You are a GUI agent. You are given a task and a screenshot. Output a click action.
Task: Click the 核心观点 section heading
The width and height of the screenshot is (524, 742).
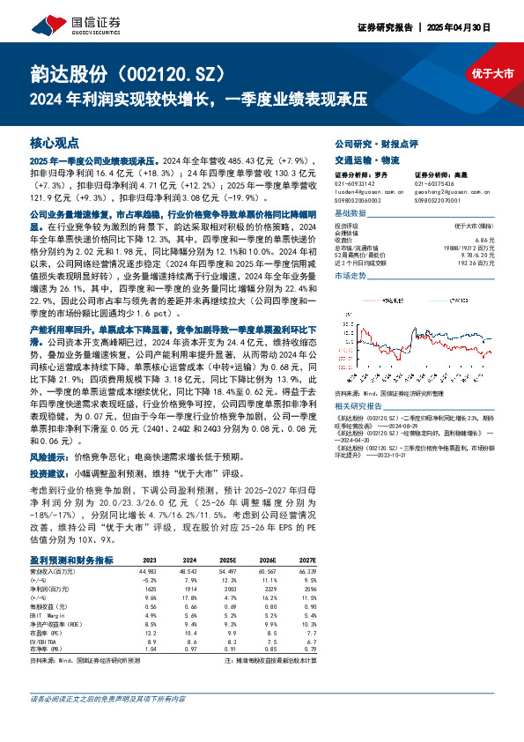pyautogui.click(x=55, y=142)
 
